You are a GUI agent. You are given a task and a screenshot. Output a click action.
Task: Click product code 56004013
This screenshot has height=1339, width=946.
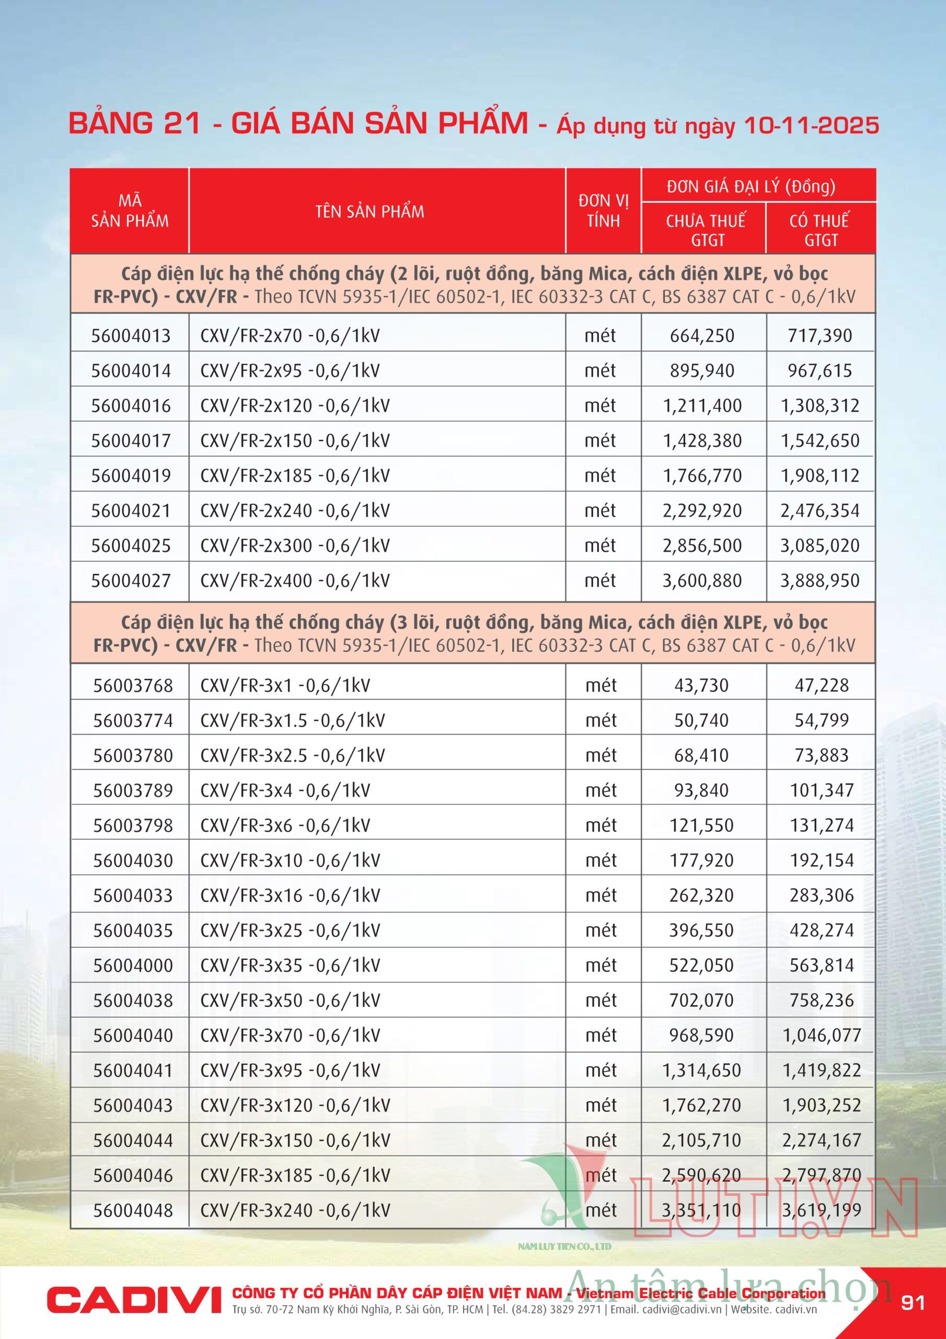tap(131, 336)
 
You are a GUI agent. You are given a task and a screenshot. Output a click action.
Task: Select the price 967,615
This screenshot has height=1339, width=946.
tap(820, 371)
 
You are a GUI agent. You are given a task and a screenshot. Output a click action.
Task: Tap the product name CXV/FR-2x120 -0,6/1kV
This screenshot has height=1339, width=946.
tap(295, 406)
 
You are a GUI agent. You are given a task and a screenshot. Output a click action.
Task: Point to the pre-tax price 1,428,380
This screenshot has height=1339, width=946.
tap(702, 441)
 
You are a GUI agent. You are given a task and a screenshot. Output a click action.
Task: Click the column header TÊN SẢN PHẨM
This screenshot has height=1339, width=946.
tap(370, 212)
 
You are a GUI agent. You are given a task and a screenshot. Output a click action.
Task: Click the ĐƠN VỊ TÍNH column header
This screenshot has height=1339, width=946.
tap(603, 211)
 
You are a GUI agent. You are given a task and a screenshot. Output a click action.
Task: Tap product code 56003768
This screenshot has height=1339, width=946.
tap(133, 686)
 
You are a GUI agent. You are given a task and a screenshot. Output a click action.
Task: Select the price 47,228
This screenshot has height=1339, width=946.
tap(821, 685)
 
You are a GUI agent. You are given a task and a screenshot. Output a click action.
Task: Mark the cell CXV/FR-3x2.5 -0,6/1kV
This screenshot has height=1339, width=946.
tap(293, 756)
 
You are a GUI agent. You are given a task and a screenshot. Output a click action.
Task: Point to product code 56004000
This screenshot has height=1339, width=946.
tap(133, 966)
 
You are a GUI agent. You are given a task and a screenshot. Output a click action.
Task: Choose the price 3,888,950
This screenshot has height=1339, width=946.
tap(820, 581)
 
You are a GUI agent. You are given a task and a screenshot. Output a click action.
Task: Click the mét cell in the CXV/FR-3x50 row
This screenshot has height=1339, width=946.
tap(601, 1000)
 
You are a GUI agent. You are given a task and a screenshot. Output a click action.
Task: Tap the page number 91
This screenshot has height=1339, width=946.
tap(912, 1303)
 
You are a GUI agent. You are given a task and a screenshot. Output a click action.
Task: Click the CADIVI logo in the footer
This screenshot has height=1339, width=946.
tap(134, 1300)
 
